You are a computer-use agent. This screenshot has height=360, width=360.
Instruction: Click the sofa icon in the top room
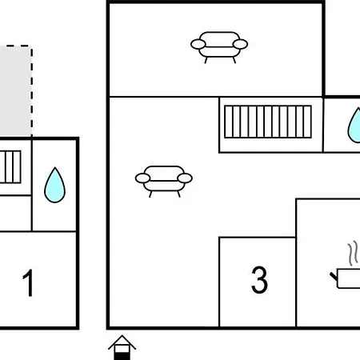[219, 47]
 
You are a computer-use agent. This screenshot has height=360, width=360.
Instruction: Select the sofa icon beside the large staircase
[164, 182]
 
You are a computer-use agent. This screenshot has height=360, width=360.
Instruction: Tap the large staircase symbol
[268, 122]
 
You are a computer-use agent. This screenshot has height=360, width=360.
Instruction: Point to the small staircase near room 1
[10, 167]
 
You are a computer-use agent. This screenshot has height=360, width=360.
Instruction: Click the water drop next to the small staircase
[54, 185]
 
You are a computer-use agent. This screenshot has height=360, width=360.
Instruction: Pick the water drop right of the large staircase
[354, 126]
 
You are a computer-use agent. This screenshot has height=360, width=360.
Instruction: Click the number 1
[28, 282]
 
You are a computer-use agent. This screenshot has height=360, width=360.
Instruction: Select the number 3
[259, 280]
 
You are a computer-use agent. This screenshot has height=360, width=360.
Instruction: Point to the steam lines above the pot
[353, 254]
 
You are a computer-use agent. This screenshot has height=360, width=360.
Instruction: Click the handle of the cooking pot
[334, 276]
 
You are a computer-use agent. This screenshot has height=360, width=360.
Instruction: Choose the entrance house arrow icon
[122, 347]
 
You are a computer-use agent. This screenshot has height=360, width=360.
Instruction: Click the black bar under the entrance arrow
[122, 356]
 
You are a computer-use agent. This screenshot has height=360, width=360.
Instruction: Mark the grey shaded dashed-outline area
[15, 90]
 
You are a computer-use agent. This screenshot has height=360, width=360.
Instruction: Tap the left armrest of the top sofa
[198, 44]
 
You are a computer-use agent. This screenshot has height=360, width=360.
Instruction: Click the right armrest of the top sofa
[240, 44]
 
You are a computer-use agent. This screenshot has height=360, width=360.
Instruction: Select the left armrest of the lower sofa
[142, 178]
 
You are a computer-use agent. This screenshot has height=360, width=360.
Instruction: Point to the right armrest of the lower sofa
[185, 178]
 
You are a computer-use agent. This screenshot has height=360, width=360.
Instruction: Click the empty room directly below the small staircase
[15, 214]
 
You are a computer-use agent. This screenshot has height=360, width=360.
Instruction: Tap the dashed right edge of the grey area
[31, 90]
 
